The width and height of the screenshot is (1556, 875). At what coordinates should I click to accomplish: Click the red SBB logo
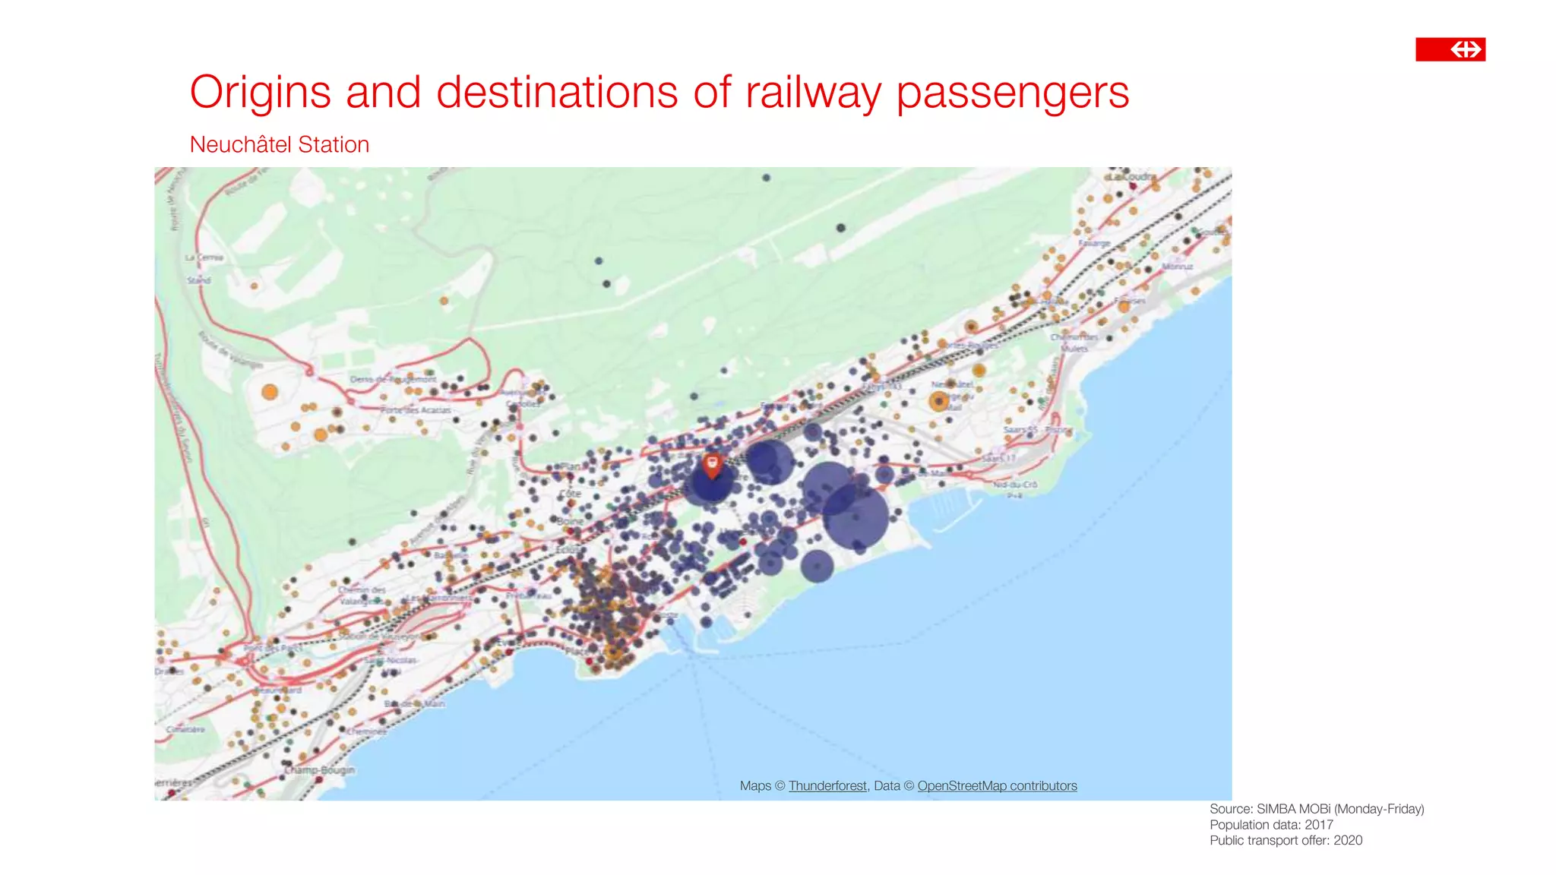(x=1450, y=49)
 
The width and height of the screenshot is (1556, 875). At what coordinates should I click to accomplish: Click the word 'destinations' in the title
(x=557, y=93)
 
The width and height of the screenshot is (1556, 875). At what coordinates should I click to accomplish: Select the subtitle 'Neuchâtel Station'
(x=279, y=144)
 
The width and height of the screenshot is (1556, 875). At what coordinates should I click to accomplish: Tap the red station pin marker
(x=712, y=465)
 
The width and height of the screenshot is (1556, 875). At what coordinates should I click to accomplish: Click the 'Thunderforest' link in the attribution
(x=827, y=786)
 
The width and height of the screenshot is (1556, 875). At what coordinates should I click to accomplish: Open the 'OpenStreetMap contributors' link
(x=997, y=786)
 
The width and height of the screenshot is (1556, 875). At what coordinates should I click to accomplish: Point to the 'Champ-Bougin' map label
(x=319, y=769)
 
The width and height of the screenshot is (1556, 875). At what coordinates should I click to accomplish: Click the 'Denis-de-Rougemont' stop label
(x=393, y=379)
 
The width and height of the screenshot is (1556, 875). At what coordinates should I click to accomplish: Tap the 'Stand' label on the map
(x=199, y=280)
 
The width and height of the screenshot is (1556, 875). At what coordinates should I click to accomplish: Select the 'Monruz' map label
(x=1177, y=267)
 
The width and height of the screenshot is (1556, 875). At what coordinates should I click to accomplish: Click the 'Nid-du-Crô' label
(x=1015, y=485)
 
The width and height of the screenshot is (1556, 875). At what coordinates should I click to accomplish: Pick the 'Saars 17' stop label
(x=998, y=459)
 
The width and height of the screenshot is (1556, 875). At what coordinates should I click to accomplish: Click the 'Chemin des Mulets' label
(x=1074, y=343)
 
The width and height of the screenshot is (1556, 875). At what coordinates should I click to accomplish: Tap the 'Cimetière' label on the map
(x=185, y=729)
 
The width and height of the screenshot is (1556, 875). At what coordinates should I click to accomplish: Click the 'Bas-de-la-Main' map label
(x=415, y=704)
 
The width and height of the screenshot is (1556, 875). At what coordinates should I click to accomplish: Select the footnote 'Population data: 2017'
(x=1271, y=825)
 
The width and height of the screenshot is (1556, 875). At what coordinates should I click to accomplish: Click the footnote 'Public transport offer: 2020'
(x=1286, y=841)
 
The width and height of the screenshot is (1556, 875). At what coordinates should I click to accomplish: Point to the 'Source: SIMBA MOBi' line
(x=1316, y=809)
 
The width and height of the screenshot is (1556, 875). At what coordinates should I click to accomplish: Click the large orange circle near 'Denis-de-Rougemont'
(x=270, y=393)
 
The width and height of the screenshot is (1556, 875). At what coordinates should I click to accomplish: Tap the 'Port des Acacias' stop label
(x=416, y=410)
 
